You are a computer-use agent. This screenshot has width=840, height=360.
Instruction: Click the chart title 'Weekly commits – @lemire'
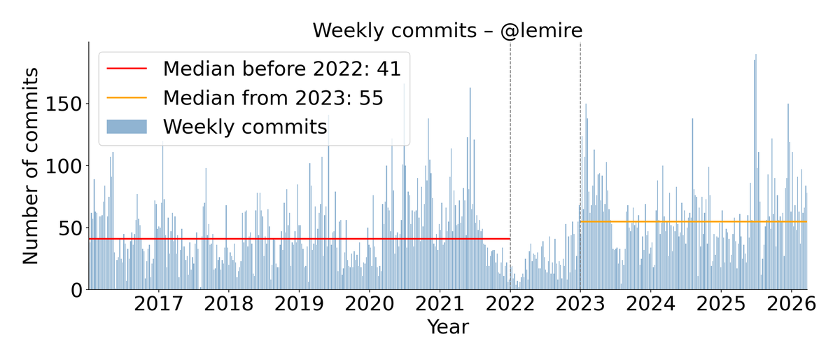point(447,31)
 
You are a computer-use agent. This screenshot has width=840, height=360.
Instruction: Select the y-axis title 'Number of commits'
point(31,165)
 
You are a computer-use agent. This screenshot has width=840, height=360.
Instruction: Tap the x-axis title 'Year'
point(448,327)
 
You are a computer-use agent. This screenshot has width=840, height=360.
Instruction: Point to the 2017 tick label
point(158,305)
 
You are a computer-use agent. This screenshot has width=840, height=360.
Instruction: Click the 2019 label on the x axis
point(299,305)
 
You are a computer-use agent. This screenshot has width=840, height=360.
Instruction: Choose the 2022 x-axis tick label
point(510,305)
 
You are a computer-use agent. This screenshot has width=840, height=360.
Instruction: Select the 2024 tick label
point(650,305)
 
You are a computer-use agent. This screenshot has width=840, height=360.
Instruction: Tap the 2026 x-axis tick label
point(791,305)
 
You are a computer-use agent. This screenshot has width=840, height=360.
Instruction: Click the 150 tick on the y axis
point(64,104)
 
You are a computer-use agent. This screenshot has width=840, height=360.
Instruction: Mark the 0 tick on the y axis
point(76,290)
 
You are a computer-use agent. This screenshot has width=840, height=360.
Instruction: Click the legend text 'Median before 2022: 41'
point(281,69)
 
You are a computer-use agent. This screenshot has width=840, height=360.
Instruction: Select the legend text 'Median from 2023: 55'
point(273,97)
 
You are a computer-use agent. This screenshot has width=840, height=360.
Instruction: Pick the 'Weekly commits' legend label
point(245,127)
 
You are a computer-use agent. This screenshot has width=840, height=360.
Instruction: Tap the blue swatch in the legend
point(127,127)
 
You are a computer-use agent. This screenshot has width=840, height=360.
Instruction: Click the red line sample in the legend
point(127,69)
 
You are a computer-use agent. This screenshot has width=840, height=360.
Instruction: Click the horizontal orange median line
point(693,222)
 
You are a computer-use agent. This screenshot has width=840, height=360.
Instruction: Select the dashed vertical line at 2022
point(510,140)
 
